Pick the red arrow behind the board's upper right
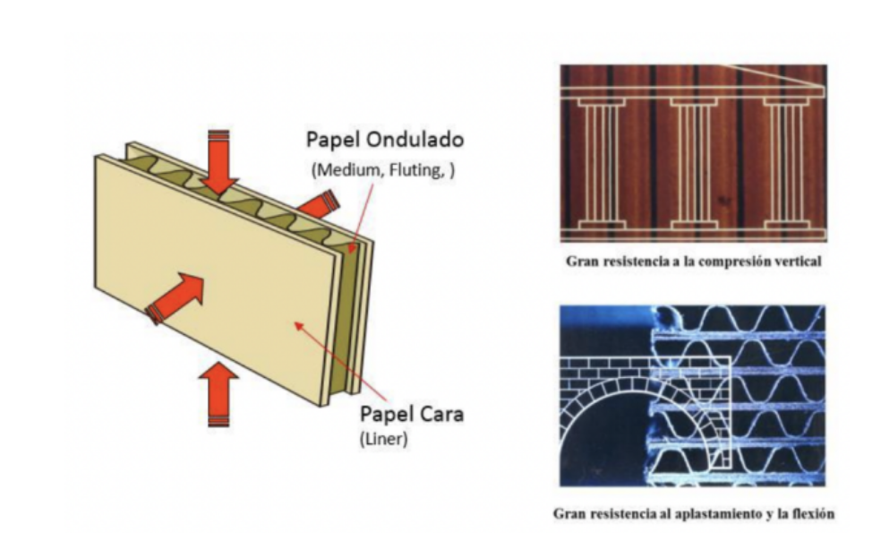click(319, 205)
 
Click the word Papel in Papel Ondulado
click(330, 141)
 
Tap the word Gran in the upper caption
click(581, 263)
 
